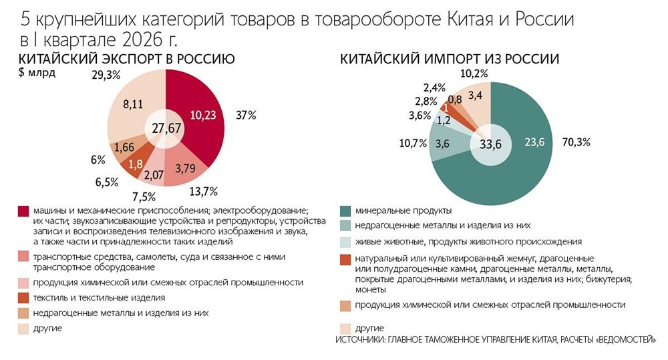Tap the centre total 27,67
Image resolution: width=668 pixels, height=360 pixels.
(x=166, y=128)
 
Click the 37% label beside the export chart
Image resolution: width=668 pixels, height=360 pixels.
(x=246, y=116)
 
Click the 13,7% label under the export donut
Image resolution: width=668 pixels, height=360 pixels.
(x=204, y=192)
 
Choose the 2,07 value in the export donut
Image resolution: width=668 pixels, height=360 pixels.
(x=154, y=176)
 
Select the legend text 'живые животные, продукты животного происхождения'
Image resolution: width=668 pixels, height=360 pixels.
(x=468, y=241)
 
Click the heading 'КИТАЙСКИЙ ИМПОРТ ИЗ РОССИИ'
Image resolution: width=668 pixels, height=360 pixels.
(x=450, y=59)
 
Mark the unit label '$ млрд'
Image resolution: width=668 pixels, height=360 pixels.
(x=38, y=73)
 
